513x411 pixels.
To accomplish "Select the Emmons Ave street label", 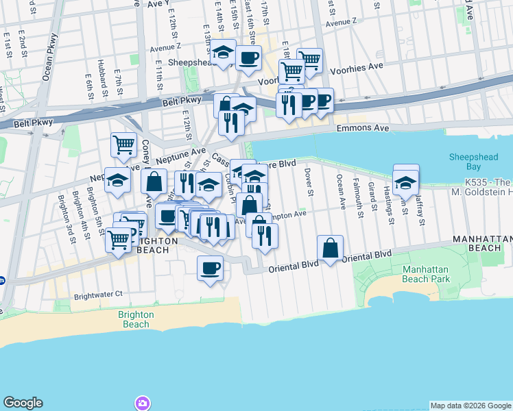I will coord(363,128).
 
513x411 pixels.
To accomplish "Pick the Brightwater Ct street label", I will coord(99,294).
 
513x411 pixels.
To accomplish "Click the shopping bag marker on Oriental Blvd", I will coord(331,249).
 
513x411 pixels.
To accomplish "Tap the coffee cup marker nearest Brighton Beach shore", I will coord(210,267).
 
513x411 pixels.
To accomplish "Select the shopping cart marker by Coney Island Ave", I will coord(123,145).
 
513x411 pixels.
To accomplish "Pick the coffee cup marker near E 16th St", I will coord(248,58).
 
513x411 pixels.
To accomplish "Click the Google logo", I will coord(23,403).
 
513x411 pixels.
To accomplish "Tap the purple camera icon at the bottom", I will coord(142,402).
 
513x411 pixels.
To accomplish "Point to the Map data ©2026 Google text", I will coord(470,406).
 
